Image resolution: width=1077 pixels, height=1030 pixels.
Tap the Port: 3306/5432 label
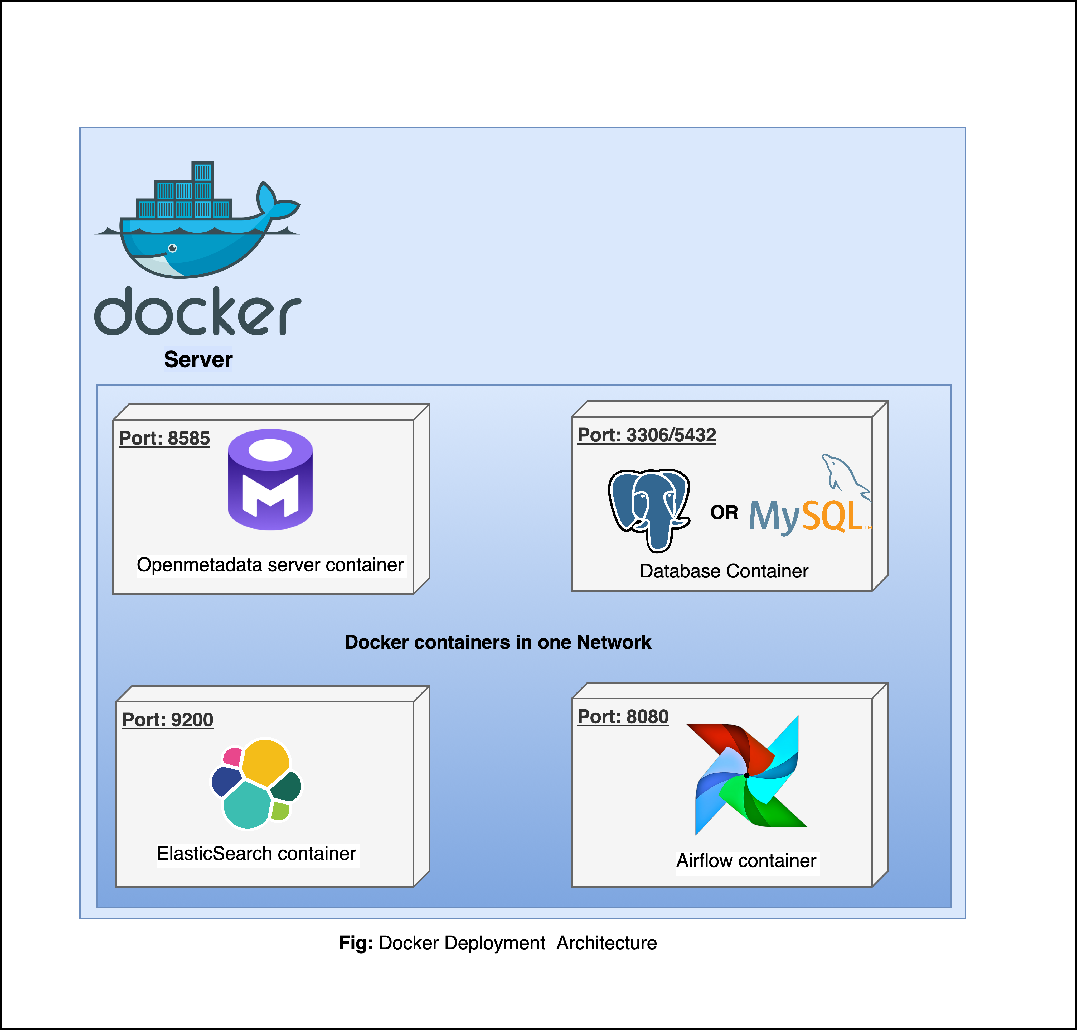coord(647,435)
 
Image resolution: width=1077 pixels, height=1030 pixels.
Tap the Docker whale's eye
coord(172,248)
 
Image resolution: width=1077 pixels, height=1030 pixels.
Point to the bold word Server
coord(198,360)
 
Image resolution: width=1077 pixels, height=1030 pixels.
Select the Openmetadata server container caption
coord(270,565)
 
